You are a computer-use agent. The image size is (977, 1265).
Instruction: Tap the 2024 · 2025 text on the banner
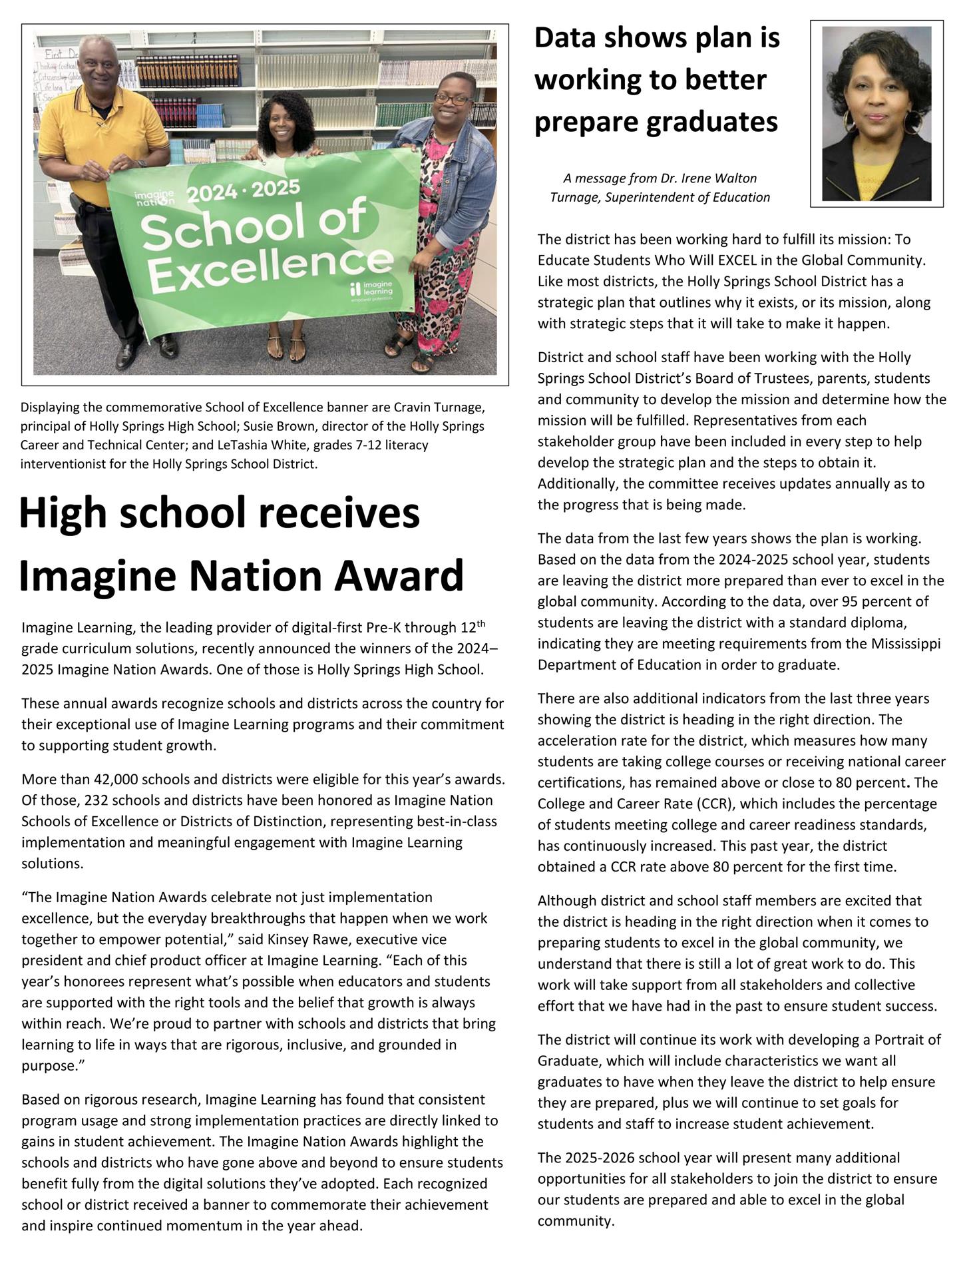tap(243, 190)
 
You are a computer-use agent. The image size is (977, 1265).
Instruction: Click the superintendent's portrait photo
tap(877, 113)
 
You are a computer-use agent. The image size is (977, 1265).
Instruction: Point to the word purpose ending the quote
tap(49, 1066)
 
